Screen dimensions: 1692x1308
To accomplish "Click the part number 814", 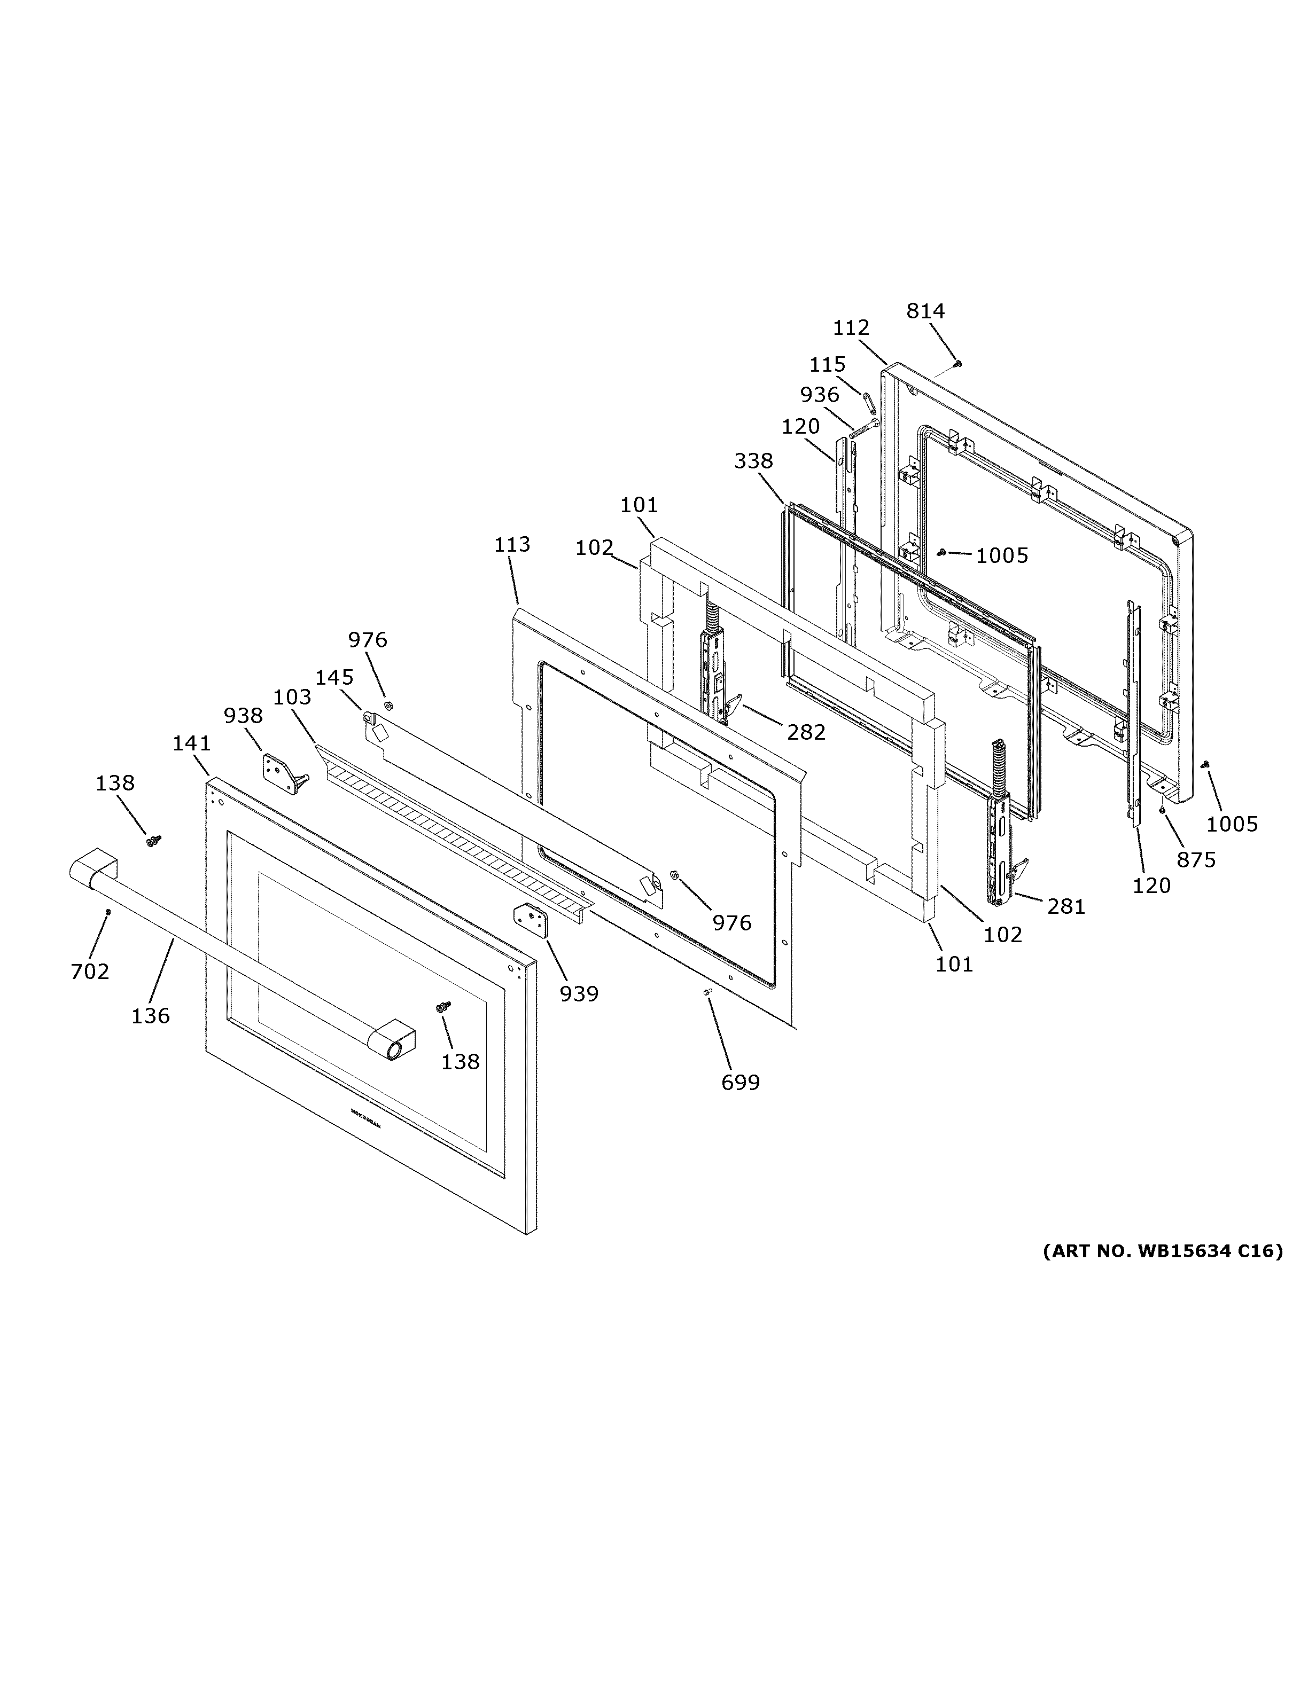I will coord(925,311).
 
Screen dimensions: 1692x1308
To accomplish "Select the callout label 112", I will coord(851,328).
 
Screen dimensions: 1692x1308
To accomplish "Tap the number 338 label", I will coord(753,461).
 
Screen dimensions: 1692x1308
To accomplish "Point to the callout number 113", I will coord(512,545).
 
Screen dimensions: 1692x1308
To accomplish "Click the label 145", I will coord(334,677).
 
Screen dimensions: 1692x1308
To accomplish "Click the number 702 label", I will coord(90,971).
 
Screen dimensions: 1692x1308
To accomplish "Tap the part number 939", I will coord(579,993).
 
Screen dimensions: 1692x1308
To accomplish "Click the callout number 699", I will coord(740,1082).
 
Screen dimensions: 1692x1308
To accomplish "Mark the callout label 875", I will coord(1196,859).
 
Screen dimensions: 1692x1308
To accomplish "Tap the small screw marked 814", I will coord(957,363).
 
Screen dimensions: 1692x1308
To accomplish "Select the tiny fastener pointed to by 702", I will coord(108,911).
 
